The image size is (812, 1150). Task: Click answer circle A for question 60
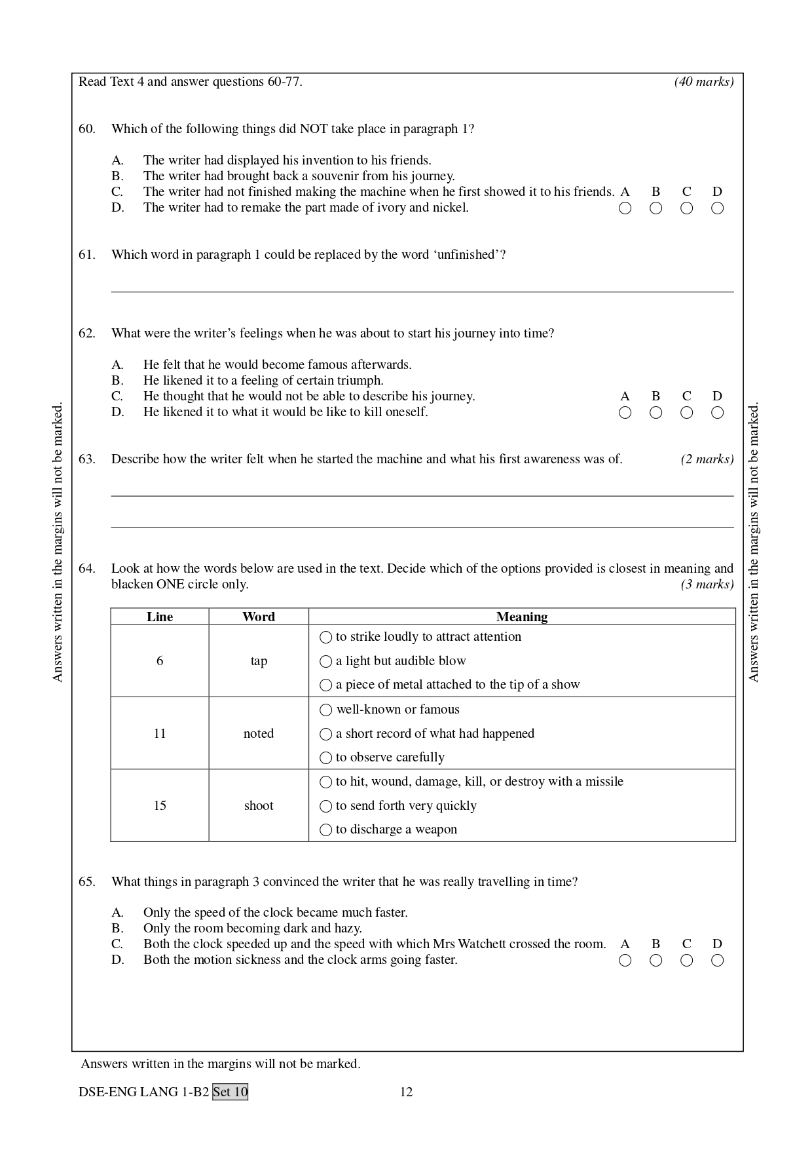625,208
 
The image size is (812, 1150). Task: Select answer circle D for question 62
718,413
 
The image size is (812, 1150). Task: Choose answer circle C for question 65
687,961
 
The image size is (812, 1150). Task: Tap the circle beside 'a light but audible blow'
326,661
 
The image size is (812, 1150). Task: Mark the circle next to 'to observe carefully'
326,758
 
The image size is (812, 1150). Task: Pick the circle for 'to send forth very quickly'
326,806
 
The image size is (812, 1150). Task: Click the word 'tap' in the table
259,661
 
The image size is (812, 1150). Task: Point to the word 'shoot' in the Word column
259,806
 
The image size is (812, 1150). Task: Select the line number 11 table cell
160,733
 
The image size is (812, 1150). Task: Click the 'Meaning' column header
522,617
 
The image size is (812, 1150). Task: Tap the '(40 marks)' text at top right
704,82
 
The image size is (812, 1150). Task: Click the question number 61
86,255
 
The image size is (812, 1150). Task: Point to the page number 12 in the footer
406,1092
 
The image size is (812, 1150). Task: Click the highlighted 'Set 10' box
231,1092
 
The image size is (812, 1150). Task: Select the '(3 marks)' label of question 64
707,585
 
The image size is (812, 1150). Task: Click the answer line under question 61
422,291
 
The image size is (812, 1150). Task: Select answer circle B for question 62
656,413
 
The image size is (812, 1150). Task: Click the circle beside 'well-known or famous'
326,710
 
